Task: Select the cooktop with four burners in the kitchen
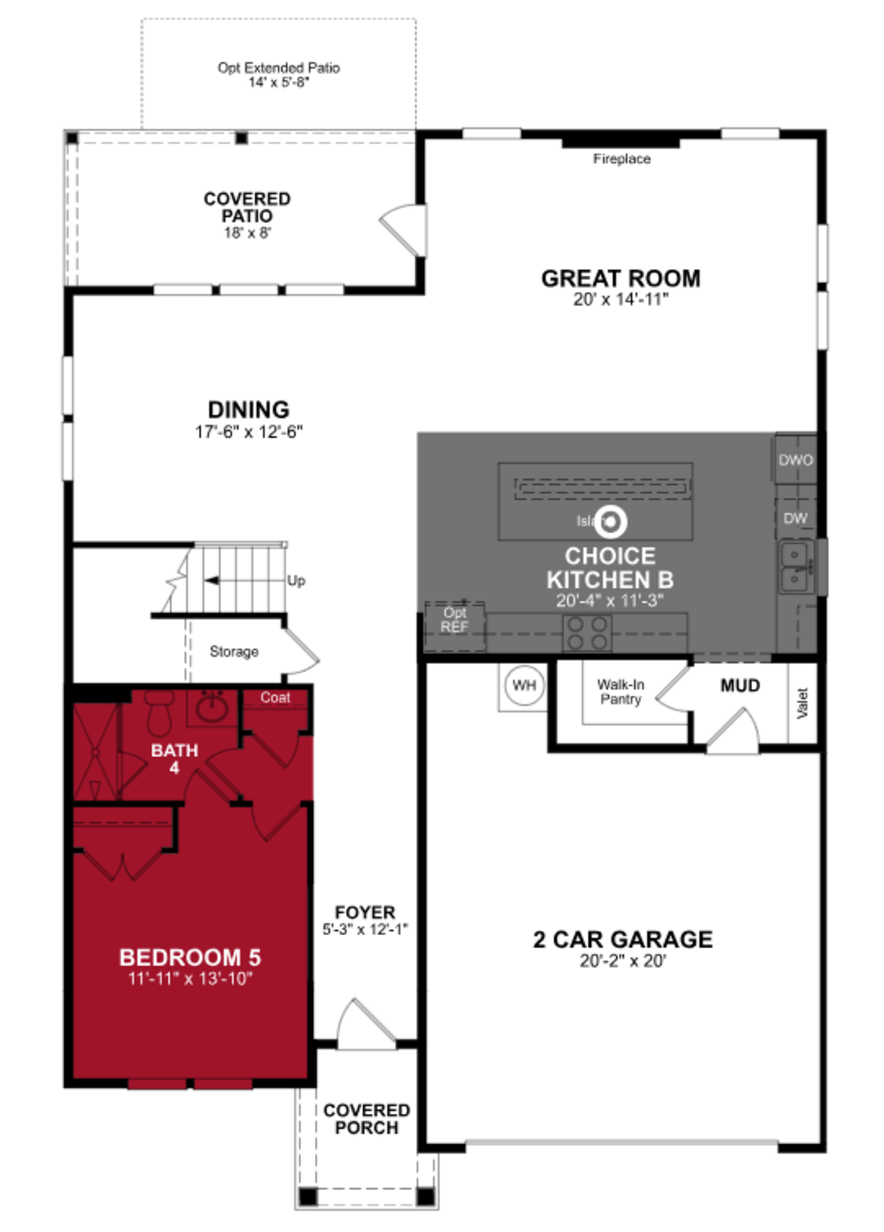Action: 587,633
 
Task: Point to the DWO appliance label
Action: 796,460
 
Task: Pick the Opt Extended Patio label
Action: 279,68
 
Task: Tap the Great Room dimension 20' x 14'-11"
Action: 621,299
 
